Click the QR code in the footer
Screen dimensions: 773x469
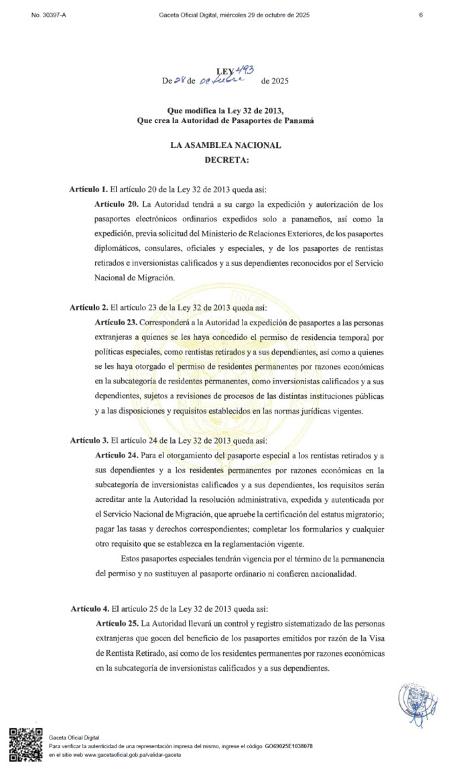click(x=25, y=744)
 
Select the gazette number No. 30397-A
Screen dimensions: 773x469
click(x=49, y=15)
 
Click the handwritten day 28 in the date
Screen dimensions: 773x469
click(x=180, y=81)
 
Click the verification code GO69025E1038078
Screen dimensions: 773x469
click(x=289, y=746)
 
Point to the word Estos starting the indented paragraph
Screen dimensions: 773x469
click(x=133, y=558)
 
